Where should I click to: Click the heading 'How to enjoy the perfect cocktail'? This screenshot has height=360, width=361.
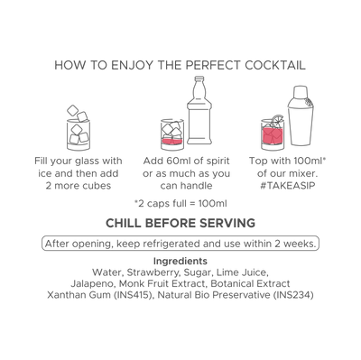[180, 67]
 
